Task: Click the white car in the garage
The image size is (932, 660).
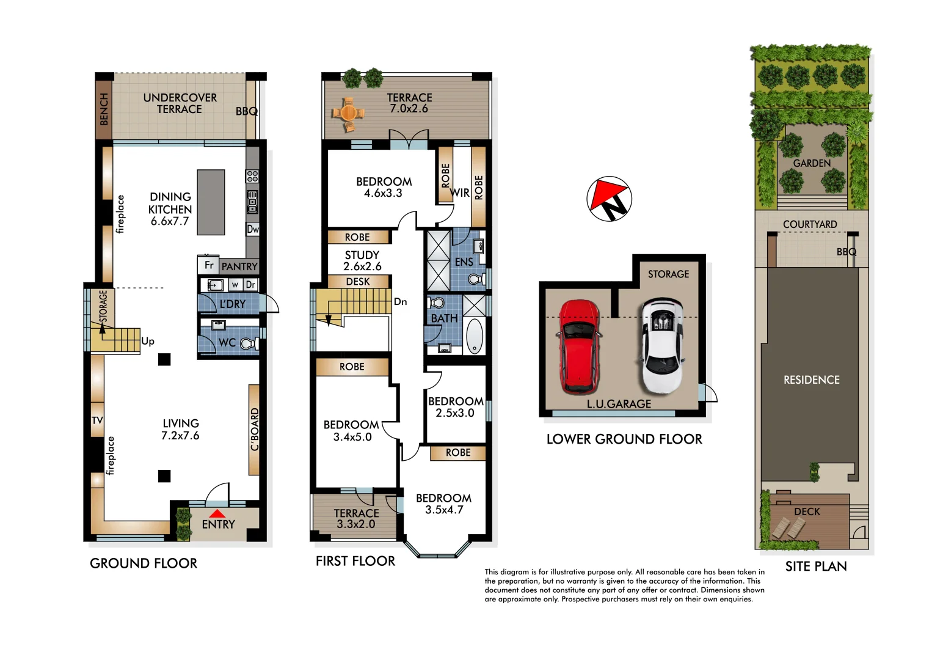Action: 662,346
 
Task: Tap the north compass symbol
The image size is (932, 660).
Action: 609,199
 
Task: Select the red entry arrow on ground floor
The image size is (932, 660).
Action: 217,514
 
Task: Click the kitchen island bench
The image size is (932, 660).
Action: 211,202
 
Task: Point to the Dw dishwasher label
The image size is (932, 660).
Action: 252,229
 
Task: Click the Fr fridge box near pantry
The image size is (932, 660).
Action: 208,265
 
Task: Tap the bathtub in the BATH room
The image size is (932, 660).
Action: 474,337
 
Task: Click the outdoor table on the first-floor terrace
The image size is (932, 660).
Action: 348,113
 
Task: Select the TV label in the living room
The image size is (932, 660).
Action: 97,420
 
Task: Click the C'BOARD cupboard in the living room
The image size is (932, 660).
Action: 254,430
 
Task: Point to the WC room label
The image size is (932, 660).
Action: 227,343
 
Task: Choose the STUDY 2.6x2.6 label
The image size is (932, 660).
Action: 362,260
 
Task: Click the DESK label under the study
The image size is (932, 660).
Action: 358,282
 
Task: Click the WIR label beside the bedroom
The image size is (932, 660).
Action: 460,193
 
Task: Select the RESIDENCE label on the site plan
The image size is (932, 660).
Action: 811,380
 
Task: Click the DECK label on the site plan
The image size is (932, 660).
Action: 807,512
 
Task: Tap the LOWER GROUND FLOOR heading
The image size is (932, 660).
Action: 624,439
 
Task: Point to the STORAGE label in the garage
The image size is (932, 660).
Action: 668,274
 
